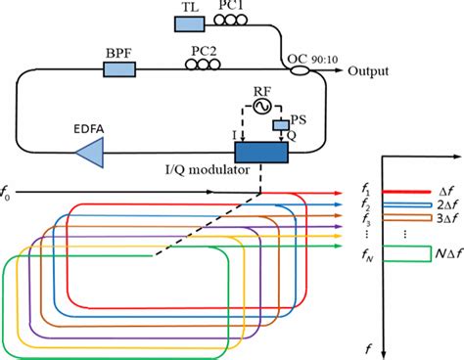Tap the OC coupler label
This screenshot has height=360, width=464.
coord(296,60)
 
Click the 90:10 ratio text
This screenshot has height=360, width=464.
coord(324,60)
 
